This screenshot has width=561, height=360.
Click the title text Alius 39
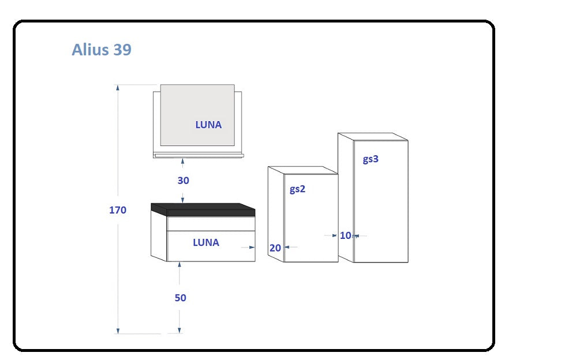click(x=102, y=50)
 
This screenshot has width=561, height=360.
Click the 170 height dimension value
click(x=118, y=210)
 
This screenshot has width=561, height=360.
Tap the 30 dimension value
click(x=183, y=181)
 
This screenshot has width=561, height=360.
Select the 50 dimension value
click(x=180, y=298)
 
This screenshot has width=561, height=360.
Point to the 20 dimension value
click(x=275, y=247)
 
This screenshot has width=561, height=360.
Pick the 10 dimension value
click(x=346, y=235)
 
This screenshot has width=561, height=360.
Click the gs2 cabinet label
click(x=298, y=189)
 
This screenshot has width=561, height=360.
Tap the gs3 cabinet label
click(x=371, y=159)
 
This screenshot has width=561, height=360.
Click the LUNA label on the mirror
click(x=208, y=125)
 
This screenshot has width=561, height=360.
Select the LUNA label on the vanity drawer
click(x=206, y=242)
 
